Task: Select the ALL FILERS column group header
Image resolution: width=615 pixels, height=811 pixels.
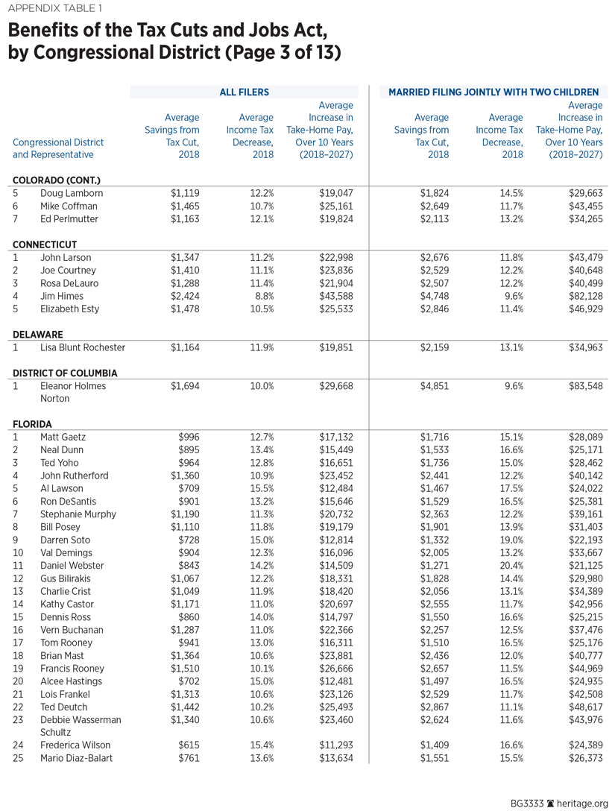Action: pos(244,92)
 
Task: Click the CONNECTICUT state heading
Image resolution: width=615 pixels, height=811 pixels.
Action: pos(45,244)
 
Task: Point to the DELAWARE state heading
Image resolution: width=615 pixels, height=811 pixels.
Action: pos(37,335)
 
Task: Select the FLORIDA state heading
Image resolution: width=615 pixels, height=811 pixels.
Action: pos(33,424)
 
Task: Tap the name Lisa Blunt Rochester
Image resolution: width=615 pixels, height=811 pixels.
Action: pos(83,347)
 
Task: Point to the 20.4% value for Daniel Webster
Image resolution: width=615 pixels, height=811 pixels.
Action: pos(510,566)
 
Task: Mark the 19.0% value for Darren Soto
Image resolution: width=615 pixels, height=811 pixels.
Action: pos(510,540)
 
